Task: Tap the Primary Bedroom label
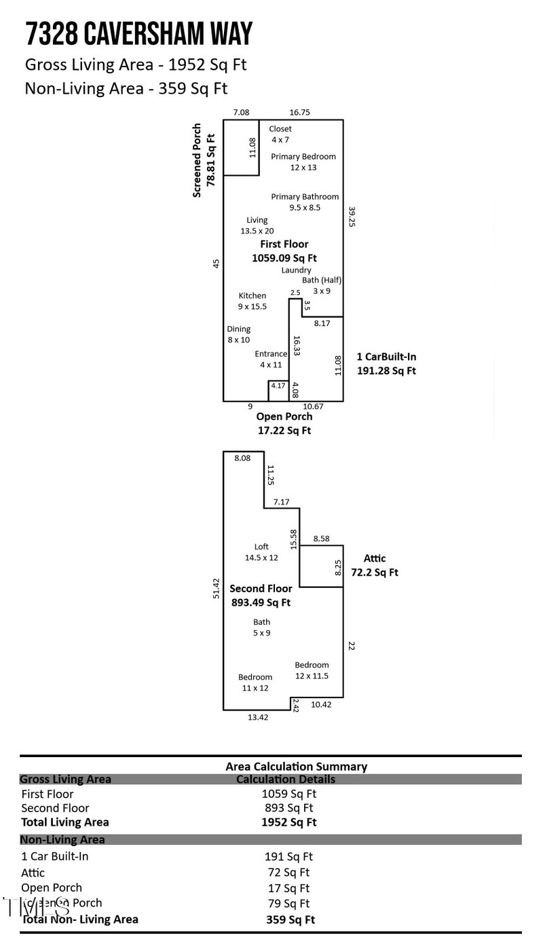[303, 162]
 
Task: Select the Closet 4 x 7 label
[280, 134]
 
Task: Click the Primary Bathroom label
[305, 202]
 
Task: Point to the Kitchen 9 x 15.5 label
[252, 301]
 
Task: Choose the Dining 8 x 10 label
[238, 334]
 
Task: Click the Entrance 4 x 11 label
[271, 359]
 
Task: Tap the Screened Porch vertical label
[204, 160]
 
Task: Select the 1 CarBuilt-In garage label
[386, 364]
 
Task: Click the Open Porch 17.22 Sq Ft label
[284, 423]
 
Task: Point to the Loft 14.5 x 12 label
[261, 552]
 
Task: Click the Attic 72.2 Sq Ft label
[374, 565]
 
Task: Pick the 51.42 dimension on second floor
[216, 588]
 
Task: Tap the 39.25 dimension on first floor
[352, 217]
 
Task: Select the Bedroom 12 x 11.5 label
[312, 670]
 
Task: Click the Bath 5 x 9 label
[261, 627]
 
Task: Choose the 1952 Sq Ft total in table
[288, 822]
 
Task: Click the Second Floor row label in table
[55, 808]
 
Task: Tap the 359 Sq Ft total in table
[290, 920]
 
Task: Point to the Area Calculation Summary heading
[296, 766]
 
